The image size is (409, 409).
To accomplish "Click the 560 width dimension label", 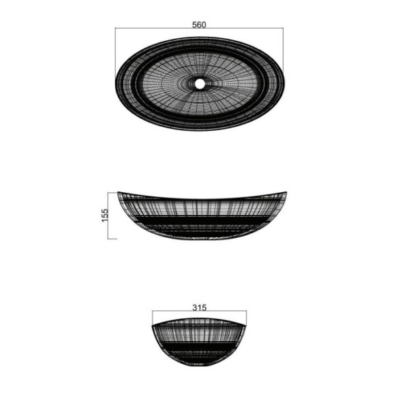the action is (x=199, y=25).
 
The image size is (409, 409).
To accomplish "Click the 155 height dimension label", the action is (x=104, y=215).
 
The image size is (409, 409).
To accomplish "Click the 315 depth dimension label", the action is (x=200, y=308).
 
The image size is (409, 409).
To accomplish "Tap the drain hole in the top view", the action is (x=200, y=84).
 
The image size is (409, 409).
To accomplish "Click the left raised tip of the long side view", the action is (x=118, y=192).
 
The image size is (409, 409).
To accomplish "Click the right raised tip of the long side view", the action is (x=286, y=193).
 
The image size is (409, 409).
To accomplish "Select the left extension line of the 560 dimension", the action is (x=115, y=54).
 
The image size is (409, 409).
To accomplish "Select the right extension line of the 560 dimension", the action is (x=284, y=52).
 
